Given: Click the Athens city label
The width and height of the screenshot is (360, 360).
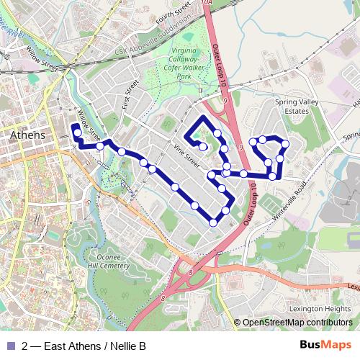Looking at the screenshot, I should click(x=28, y=135).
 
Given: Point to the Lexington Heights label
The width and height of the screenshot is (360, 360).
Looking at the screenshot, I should click(x=321, y=308).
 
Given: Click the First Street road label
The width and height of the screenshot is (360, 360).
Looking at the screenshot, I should click(x=130, y=91).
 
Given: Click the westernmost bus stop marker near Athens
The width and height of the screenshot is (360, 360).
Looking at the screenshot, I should click(x=76, y=132).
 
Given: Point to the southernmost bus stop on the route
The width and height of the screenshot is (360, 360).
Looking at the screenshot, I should click(x=212, y=223).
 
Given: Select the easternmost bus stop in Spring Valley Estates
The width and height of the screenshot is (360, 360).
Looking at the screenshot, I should click(x=286, y=144).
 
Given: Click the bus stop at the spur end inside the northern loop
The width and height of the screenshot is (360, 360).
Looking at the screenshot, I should click(x=204, y=148).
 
